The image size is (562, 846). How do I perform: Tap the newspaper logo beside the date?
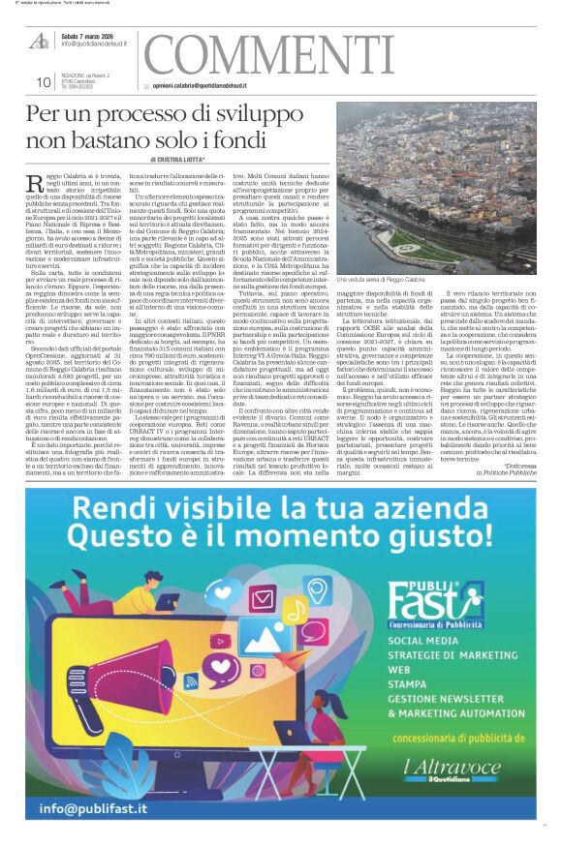coord(40,41)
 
